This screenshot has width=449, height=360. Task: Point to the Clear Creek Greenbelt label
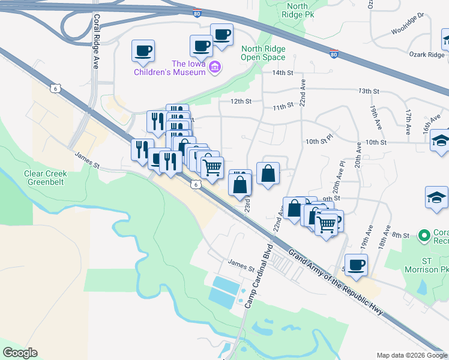(46, 178)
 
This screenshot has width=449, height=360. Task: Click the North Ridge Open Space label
(262, 53)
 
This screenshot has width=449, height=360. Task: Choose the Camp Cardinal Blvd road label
(258, 277)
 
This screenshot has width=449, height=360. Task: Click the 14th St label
(282, 73)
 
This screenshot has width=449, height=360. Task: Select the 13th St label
(369, 91)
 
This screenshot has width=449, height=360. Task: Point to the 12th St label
(240, 101)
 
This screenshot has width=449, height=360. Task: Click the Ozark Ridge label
(427, 55)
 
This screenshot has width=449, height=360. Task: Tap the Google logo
(20, 353)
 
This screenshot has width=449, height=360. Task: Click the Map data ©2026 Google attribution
(411, 355)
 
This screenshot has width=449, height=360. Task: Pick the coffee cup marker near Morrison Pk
(356, 265)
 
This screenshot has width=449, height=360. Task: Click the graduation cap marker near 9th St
(436, 197)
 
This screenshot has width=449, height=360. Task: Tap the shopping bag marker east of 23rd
(268, 173)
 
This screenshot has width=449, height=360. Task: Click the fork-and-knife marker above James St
(142, 149)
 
